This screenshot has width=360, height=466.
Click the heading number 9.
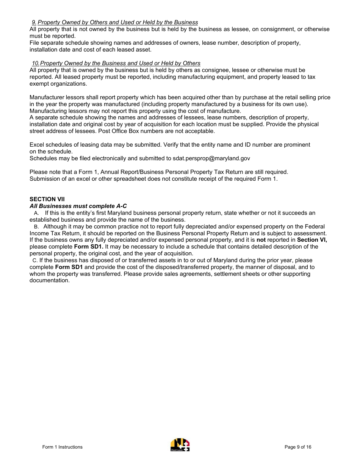(34, 22)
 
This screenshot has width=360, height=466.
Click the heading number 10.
(35, 63)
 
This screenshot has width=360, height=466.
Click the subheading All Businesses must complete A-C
(78, 206)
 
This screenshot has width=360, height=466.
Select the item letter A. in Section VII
(36, 213)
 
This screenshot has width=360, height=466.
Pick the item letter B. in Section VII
(36, 227)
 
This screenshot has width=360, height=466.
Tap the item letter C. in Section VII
(35, 261)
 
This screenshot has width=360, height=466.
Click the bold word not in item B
(261, 240)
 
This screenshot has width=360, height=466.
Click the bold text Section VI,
(311, 240)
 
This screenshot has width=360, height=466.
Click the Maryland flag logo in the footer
(180, 445)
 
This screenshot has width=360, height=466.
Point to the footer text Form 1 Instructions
(62, 447)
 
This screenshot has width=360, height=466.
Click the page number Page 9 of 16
(298, 447)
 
